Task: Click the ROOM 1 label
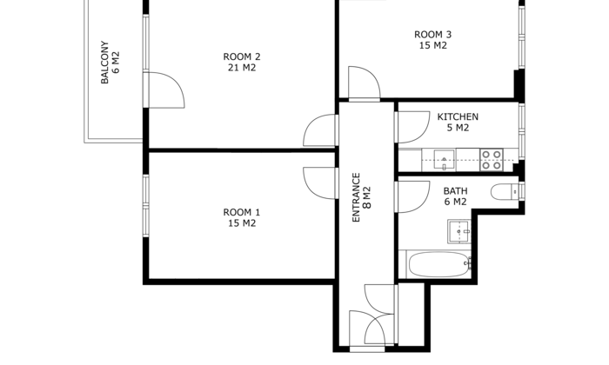pos(242,213)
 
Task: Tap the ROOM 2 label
pos(242,56)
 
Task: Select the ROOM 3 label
pos(432,35)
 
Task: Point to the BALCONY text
pos(104,62)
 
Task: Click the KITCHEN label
pos(458,116)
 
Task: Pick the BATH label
pos(455,191)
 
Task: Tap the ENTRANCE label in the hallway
pos(356,197)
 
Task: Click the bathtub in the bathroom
pos(438,264)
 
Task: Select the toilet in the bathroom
pos(505,191)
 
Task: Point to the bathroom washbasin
pos(459,231)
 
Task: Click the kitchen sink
pos(444,160)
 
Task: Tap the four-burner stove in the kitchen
pos(492,160)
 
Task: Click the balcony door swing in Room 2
pos(164,90)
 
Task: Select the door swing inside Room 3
pos(365,83)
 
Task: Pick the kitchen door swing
pos(413,127)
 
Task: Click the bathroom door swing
pos(413,197)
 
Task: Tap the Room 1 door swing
pos(319,183)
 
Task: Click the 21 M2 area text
pos(242,68)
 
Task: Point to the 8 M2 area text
pos(367,198)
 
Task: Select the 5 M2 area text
pos(458,128)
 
